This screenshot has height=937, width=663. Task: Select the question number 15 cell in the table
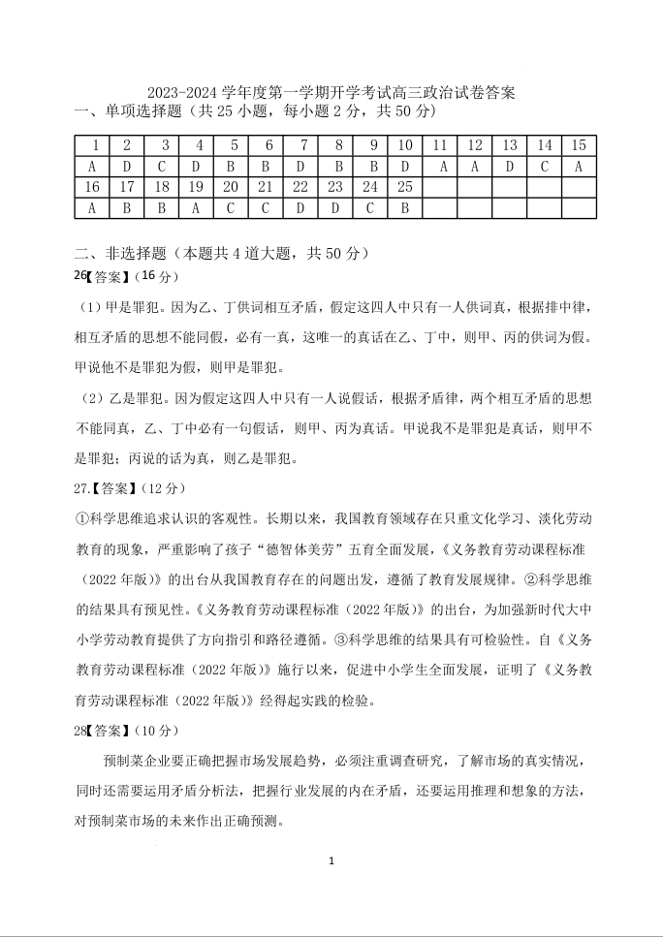[579, 145]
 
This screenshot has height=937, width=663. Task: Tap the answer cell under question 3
[162, 166]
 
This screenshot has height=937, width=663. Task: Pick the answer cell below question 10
[404, 166]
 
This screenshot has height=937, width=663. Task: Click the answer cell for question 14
[545, 166]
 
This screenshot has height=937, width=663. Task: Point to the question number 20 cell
[231, 187]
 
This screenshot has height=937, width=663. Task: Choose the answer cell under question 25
[404, 207]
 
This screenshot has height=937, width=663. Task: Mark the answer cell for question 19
[196, 207]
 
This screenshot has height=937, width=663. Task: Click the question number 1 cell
[93, 145]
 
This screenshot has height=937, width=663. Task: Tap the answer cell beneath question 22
[300, 207]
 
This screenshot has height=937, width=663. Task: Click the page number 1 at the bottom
[331, 860]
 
